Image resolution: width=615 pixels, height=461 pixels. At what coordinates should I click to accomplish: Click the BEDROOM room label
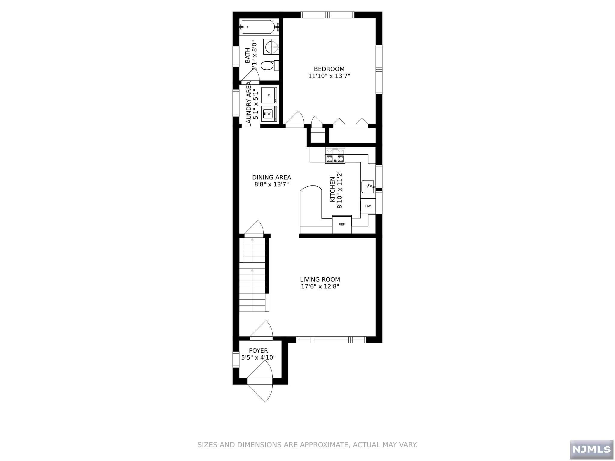329,69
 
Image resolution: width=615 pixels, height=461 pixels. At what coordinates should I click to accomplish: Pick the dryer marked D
269,95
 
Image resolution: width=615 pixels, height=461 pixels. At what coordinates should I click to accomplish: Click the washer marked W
269,113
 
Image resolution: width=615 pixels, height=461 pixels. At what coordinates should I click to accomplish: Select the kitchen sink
368,187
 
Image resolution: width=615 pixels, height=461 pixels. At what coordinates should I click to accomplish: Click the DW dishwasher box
368,206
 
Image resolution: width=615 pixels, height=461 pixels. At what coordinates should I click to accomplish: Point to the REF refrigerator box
342,224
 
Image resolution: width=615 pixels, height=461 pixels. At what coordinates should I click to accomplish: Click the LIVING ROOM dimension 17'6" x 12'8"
320,287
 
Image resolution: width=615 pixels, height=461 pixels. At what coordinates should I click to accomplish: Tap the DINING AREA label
271,177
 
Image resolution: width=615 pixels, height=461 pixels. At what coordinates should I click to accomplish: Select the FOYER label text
258,351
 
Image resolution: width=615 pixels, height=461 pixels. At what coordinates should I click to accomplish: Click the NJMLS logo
592,449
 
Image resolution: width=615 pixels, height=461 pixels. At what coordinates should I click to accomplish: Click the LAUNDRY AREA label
249,104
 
